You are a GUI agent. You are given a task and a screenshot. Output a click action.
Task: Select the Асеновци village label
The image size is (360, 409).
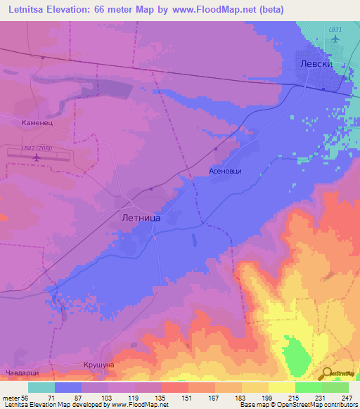[226, 171]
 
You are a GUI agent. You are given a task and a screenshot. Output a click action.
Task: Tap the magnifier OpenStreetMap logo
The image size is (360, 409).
[328, 373]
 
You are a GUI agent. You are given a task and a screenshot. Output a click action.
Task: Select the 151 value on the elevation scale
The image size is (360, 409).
[188, 397]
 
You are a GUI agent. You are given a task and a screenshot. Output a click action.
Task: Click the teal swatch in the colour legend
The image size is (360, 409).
[41, 387]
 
